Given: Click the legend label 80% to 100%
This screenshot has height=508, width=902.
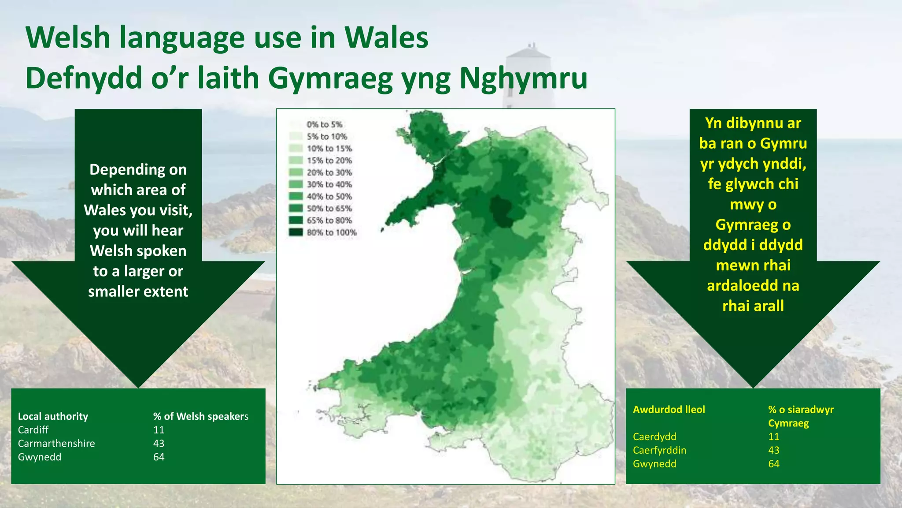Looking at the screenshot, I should [332, 232].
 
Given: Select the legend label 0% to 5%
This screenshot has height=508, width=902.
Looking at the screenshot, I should [325, 125].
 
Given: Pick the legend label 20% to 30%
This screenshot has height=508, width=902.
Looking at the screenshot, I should [329, 172].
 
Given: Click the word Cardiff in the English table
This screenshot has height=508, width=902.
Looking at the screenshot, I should [33, 430].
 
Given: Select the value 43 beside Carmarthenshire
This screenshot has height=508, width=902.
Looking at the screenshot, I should [159, 444].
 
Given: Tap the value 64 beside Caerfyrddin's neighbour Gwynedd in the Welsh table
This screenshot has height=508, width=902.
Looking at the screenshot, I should [774, 464].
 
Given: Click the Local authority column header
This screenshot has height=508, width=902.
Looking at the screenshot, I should [53, 416].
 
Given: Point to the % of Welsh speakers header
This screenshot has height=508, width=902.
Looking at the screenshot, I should [201, 416].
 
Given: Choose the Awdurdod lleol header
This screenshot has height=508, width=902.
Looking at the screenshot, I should [669, 410].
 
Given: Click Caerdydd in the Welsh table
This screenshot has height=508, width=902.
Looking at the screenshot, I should [654, 437].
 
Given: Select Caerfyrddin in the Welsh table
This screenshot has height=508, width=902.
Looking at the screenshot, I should [659, 450].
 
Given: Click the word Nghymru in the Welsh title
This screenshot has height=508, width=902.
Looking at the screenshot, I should [523, 78].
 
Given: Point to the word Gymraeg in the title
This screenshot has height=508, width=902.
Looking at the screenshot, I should [330, 78].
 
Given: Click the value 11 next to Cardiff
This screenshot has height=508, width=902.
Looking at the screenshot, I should [159, 430].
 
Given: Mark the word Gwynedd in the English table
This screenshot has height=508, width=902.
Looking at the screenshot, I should [40, 457].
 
